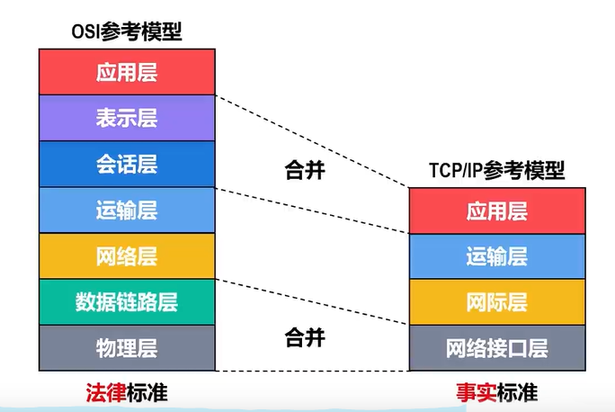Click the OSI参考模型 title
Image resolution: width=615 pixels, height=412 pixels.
click(x=127, y=31)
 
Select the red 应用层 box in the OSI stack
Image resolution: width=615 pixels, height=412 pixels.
click(x=127, y=72)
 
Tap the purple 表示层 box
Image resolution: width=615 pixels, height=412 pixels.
click(x=127, y=118)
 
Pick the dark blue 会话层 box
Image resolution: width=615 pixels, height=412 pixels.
click(x=127, y=164)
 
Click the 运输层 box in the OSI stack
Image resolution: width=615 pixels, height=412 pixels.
click(x=127, y=210)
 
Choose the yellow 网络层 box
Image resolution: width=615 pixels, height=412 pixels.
click(x=127, y=255)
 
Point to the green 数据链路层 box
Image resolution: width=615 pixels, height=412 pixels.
click(x=127, y=301)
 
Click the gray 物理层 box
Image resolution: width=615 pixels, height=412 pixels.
click(x=127, y=347)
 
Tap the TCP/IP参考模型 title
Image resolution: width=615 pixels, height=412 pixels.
click(x=497, y=170)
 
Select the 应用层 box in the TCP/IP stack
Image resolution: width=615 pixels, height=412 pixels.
click(x=497, y=210)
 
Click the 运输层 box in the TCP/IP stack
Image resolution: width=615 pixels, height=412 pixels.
click(x=497, y=256)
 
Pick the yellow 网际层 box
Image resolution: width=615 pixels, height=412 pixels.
click(x=497, y=302)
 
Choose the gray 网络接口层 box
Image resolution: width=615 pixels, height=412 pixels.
click(x=497, y=348)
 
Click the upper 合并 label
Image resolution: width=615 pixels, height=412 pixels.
click(x=305, y=170)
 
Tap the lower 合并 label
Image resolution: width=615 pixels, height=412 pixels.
click(x=305, y=337)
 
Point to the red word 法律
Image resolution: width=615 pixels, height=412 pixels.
click(x=106, y=392)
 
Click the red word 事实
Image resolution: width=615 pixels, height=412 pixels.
click(x=477, y=392)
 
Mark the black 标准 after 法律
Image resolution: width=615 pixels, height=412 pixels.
click(x=147, y=392)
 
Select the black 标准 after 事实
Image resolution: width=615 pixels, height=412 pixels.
click(x=518, y=392)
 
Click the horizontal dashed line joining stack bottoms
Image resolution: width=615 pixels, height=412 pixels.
click(x=312, y=371)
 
